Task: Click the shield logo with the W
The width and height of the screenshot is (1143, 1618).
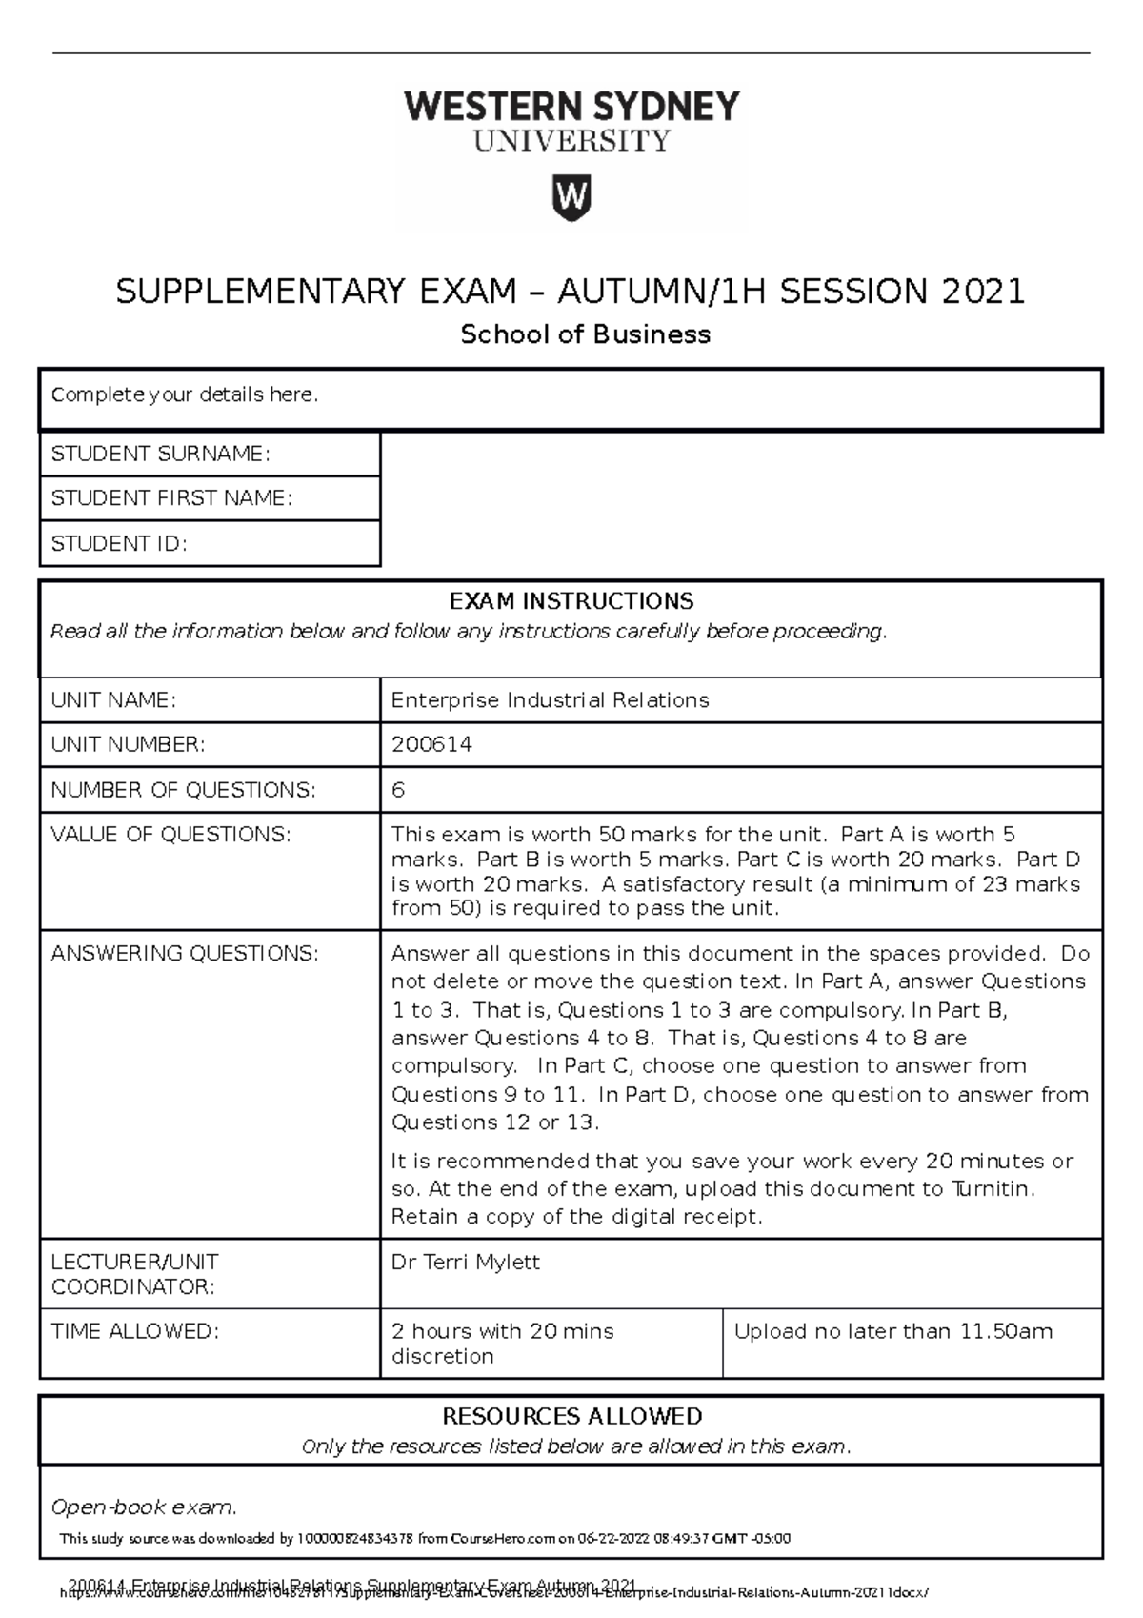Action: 571,197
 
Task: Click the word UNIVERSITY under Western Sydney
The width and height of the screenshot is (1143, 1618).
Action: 571,141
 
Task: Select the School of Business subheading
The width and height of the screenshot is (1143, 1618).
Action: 585,334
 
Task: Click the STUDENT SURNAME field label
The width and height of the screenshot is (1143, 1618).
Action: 160,454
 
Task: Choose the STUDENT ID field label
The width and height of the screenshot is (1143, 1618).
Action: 118,543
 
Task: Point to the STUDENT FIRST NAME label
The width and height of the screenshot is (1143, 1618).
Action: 170,498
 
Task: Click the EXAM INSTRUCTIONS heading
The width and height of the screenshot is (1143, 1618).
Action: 571,601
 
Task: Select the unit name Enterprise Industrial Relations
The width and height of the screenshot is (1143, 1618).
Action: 550,700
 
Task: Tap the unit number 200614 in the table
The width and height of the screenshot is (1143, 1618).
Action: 431,744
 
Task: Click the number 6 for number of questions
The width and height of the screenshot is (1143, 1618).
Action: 398,790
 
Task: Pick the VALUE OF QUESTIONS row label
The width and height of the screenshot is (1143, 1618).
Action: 170,835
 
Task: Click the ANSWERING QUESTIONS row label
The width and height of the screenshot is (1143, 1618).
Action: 184,954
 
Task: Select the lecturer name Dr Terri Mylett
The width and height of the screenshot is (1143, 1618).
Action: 465,1263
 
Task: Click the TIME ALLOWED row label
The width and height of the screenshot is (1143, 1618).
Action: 134,1331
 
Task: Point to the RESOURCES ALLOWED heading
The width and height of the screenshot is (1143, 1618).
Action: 571,1416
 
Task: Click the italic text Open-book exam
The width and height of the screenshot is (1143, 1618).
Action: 143,1507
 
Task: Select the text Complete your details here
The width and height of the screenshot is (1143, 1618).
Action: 184,394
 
